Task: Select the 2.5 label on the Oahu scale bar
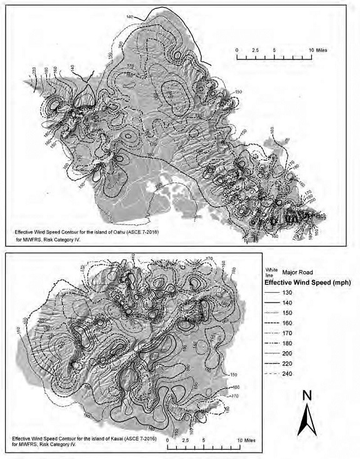[255, 49]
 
